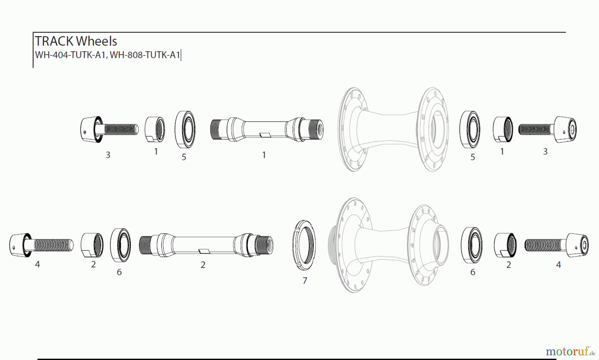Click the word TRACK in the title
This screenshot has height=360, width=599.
(54, 41)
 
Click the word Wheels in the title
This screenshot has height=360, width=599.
(97, 41)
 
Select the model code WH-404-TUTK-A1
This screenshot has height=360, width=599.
(71, 55)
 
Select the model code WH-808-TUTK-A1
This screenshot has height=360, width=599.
(145, 55)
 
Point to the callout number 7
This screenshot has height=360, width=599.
(304, 281)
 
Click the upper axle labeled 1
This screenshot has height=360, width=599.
(267, 129)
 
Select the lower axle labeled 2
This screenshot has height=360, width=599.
(206, 245)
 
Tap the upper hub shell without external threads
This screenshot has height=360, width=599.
(393, 129)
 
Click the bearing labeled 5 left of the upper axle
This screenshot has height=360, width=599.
(185, 129)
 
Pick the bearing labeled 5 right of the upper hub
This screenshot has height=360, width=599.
(470, 129)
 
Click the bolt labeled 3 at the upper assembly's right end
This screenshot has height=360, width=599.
(548, 130)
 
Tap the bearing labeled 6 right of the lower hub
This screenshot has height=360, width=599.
(472, 244)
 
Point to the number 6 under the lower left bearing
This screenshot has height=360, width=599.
(119, 272)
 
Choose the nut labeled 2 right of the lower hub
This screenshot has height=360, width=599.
(505, 245)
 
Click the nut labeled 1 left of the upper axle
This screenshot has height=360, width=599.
(155, 129)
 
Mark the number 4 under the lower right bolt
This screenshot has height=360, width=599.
(558, 265)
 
